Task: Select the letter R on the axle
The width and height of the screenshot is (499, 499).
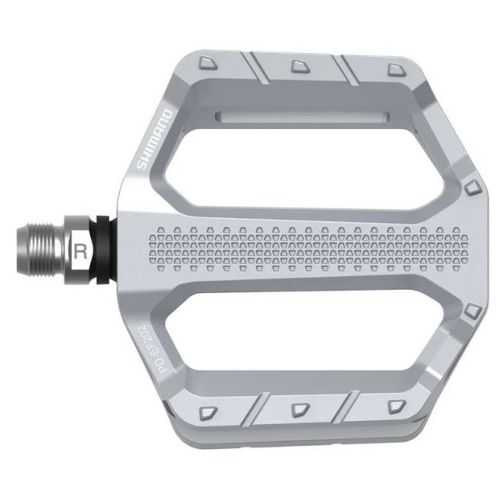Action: [x=80, y=250]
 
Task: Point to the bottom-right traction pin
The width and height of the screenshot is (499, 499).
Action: [x=394, y=406]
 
